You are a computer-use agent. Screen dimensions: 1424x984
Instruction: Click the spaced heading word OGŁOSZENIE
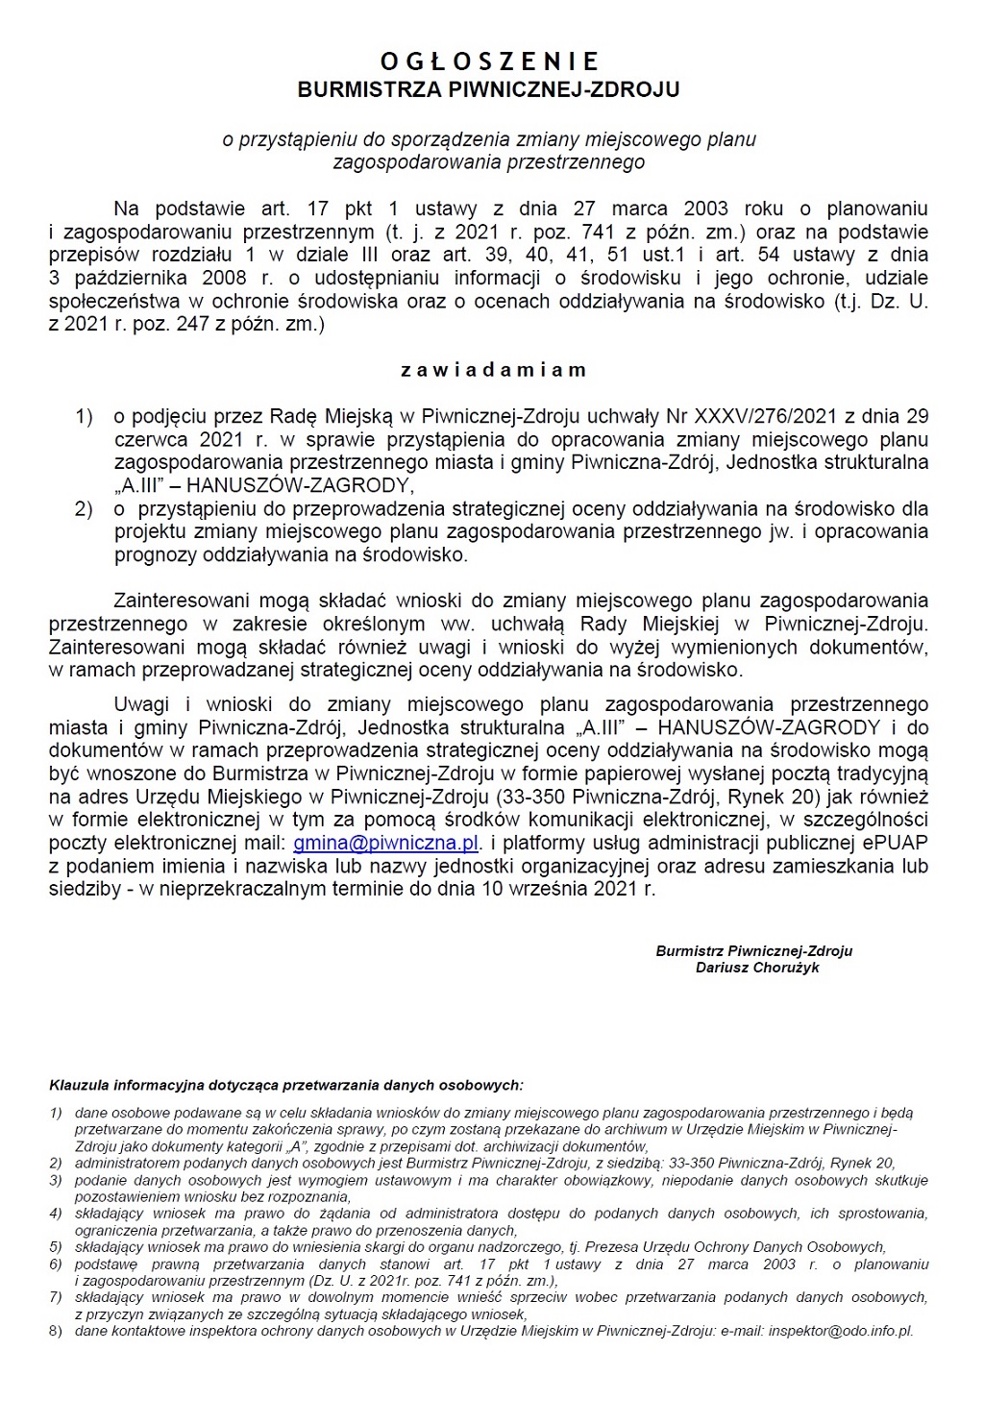coord(489,62)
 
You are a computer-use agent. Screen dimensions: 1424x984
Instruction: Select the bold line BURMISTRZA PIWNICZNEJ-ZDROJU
coord(489,90)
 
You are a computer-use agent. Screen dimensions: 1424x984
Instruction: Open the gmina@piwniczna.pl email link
coord(385,843)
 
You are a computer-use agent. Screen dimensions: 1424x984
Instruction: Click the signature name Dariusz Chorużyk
coord(757,968)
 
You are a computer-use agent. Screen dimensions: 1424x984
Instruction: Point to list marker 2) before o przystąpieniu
coord(85,508)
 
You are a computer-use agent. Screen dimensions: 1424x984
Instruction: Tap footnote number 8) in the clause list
coord(56,1331)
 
